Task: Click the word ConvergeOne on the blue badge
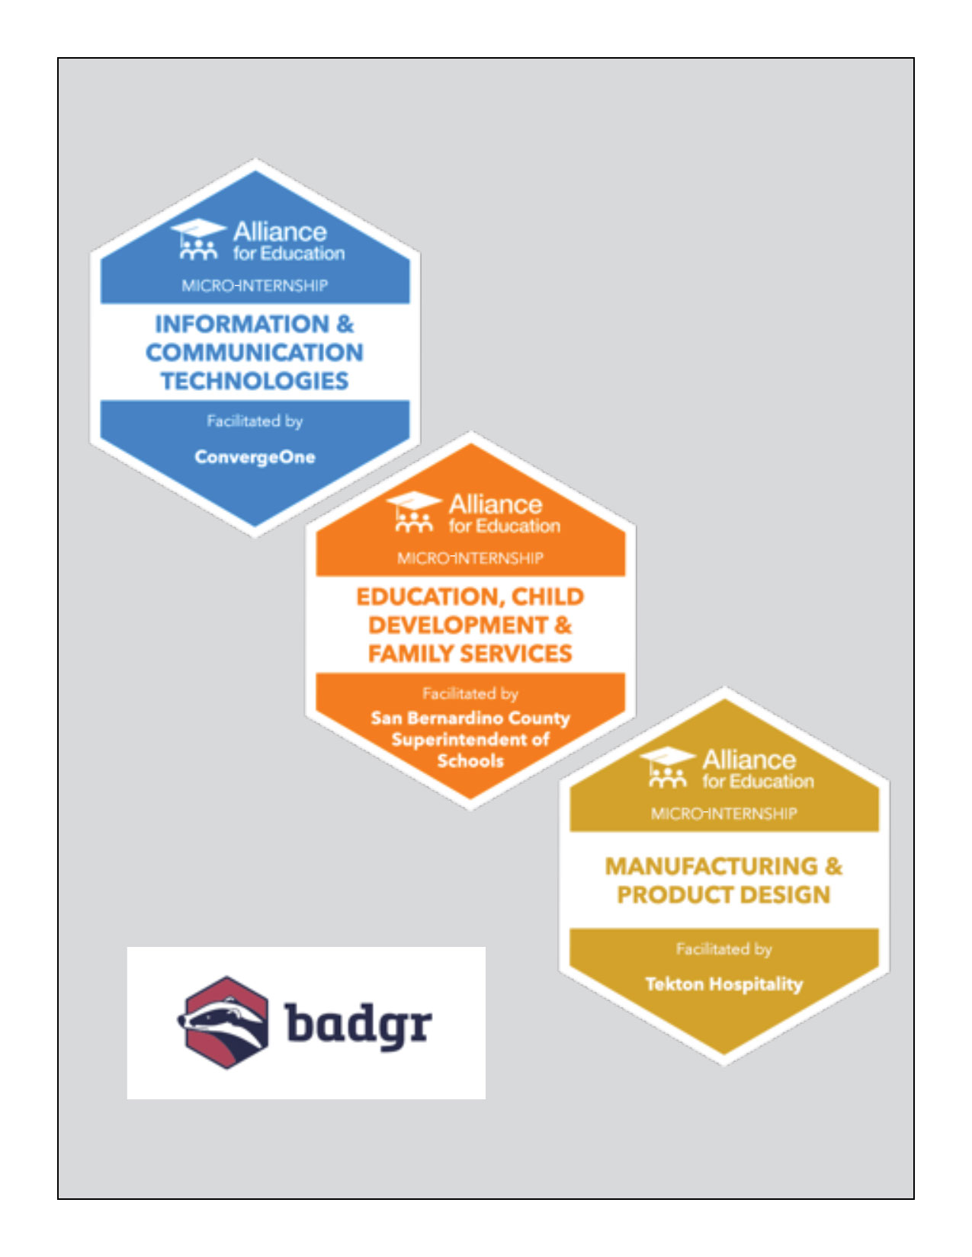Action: pos(255,457)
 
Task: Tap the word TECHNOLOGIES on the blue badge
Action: pos(255,381)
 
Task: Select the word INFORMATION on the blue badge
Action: pos(242,324)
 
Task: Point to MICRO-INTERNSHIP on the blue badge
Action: pos(255,285)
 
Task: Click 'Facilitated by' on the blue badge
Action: pos(255,421)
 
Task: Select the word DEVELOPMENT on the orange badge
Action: pos(458,625)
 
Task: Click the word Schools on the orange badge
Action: pos(470,761)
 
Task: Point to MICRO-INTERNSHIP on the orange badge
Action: pos(470,558)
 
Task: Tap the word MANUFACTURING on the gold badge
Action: pos(711,866)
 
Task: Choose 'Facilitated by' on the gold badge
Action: pos(723,949)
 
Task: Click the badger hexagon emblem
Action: pos(225,1022)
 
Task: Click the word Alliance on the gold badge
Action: pos(749,760)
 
